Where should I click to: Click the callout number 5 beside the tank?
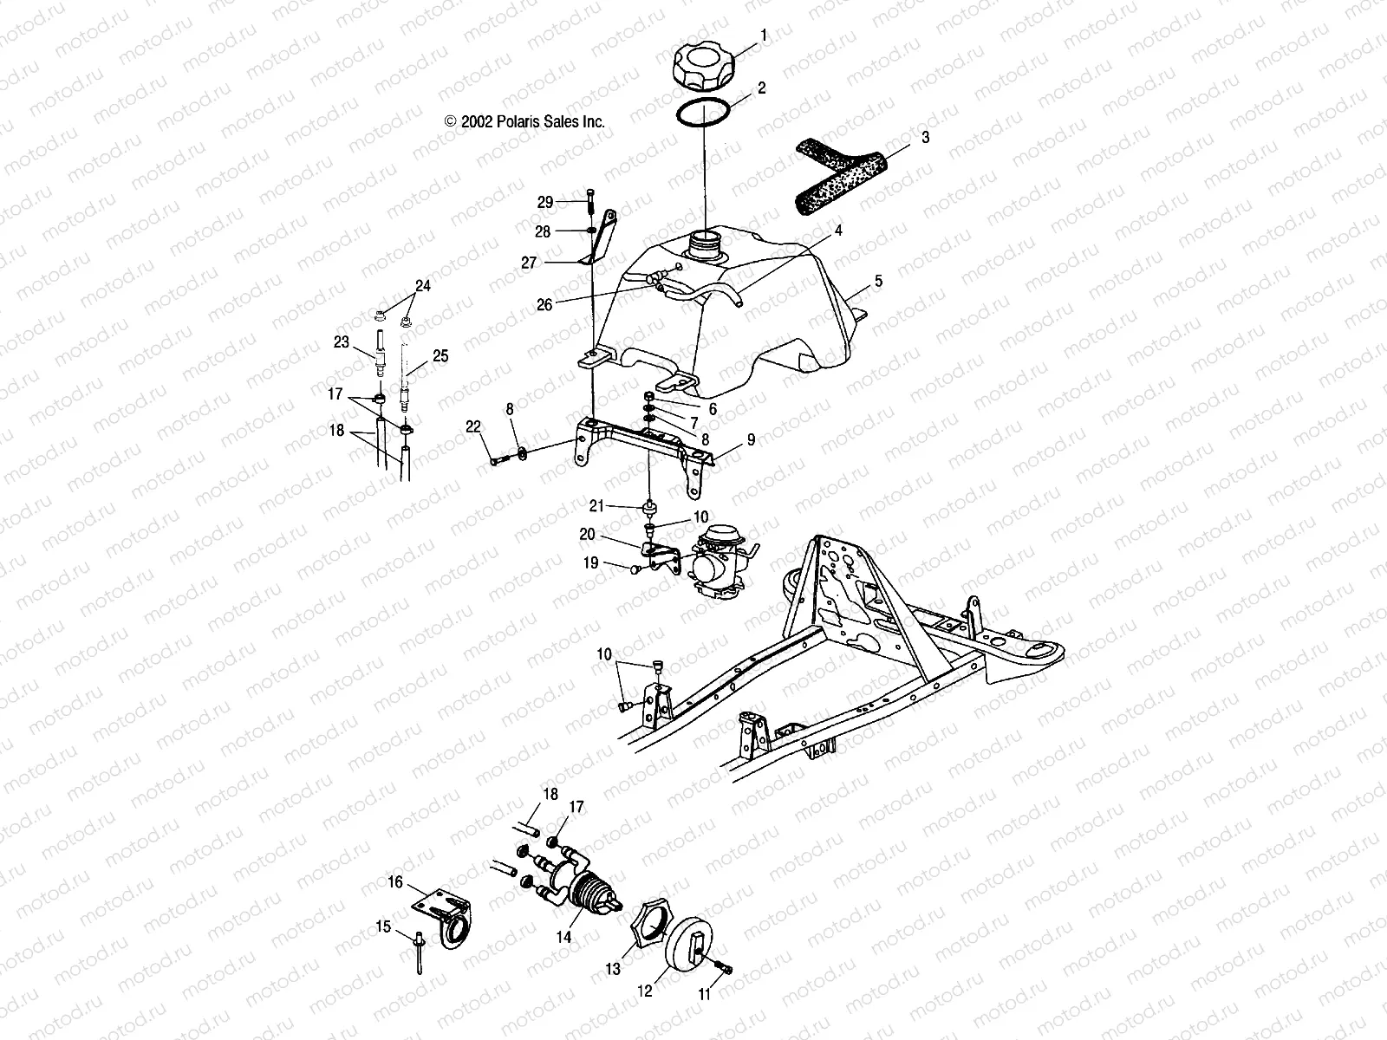pyautogui.click(x=878, y=282)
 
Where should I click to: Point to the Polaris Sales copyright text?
pyautogui.click(x=524, y=122)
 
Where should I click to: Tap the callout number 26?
pyautogui.click(x=544, y=304)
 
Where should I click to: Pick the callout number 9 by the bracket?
pyautogui.click(x=751, y=440)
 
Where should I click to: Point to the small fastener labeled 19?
pyautogui.click(x=636, y=569)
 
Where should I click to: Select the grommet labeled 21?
pyautogui.click(x=649, y=505)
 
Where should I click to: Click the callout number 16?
pyautogui.click(x=394, y=882)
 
